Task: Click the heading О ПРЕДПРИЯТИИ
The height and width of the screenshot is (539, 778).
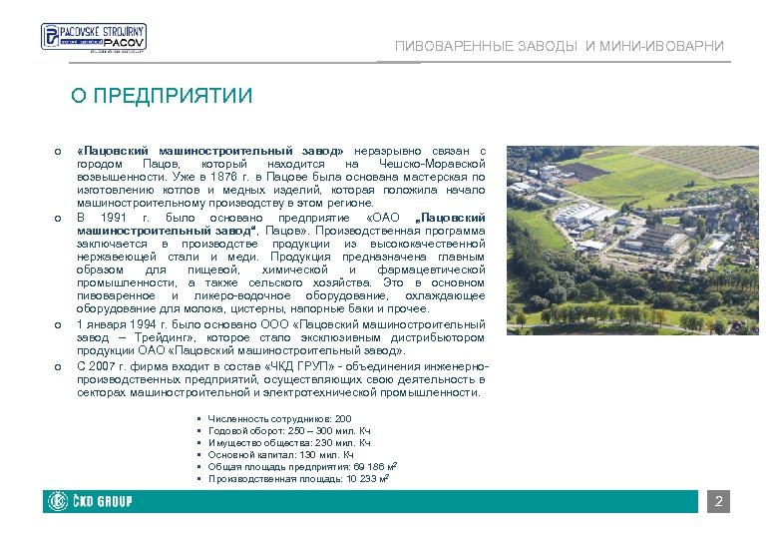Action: coord(162,96)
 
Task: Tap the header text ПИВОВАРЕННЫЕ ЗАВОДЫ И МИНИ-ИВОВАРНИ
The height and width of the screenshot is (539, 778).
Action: coord(560,47)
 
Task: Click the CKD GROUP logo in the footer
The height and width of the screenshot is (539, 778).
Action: coord(90,501)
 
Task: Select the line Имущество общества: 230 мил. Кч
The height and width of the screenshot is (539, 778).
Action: coord(289,443)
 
